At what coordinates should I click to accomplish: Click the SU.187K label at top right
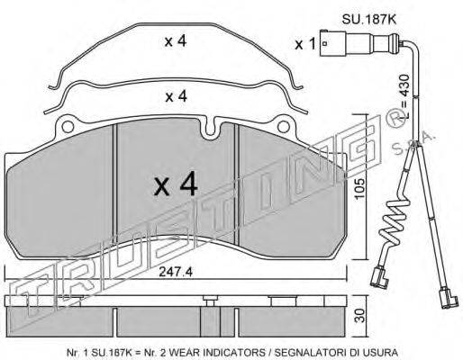(369, 20)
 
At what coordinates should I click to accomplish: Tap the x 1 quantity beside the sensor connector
(305, 44)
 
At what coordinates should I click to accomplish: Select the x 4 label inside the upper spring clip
(176, 41)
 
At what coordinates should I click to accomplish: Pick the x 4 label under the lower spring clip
(177, 96)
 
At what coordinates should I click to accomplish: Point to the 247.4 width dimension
(176, 272)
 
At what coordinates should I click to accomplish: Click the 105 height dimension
(359, 189)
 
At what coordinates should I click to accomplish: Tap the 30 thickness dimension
(361, 316)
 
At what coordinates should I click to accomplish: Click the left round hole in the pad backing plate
(68, 126)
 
